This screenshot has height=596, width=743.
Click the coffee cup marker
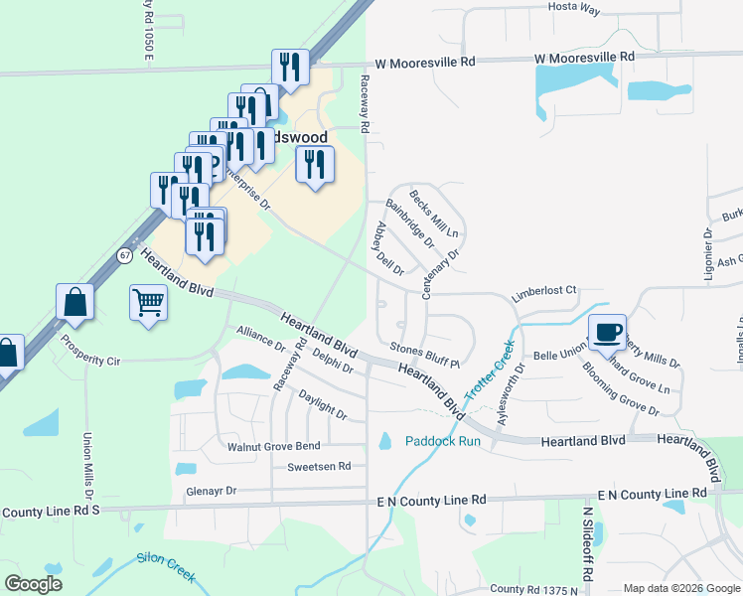pos(607,332)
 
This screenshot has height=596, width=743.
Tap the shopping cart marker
pos(149,301)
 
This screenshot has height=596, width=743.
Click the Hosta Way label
pos(575,8)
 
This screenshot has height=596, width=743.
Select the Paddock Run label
pos(443,441)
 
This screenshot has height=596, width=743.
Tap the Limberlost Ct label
pos(543,290)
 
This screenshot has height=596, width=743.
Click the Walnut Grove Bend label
pos(273,447)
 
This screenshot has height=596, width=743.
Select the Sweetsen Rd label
pos(319,466)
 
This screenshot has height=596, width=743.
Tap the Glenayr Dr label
pos(211,491)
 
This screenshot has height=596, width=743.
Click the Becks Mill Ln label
pos(433,214)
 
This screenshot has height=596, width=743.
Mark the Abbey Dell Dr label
pos(387,248)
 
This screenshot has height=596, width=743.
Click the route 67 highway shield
pos(125,254)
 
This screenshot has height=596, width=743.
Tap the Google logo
pos(33,583)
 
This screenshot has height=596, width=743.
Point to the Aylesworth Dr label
pos(513,393)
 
